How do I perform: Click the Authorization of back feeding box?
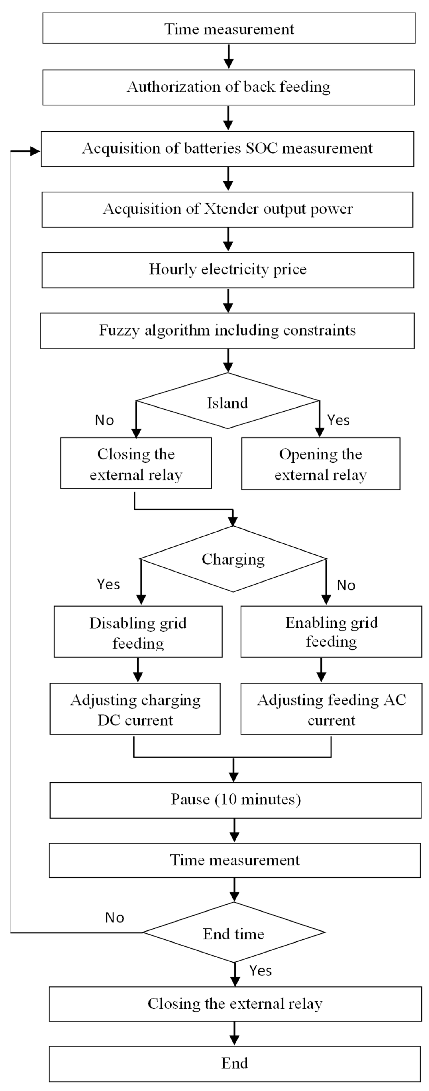click(229, 87)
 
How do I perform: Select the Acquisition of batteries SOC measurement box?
click(227, 149)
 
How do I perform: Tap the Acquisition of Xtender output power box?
click(227, 209)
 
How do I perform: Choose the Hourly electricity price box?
click(228, 270)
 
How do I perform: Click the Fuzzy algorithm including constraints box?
click(227, 330)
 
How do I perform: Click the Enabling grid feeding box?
click(331, 631)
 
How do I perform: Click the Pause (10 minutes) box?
click(236, 800)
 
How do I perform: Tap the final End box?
click(235, 1063)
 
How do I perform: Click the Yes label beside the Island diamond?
click(339, 420)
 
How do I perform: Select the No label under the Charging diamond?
click(346, 585)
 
